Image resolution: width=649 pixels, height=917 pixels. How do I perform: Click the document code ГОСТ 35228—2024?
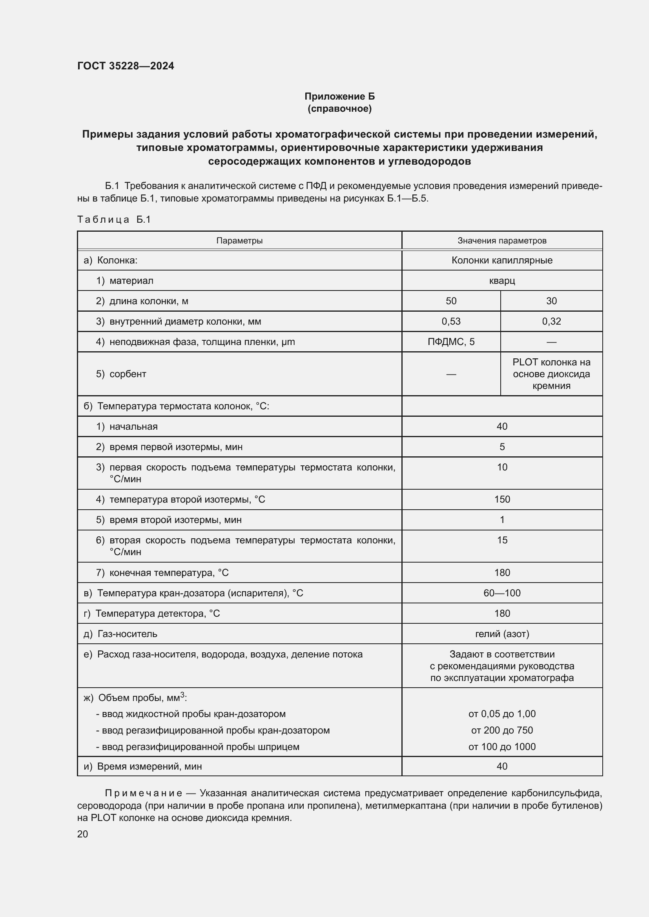pyautogui.click(x=126, y=66)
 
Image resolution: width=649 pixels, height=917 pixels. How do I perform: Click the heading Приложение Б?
pyautogui.click(x=339, y=96)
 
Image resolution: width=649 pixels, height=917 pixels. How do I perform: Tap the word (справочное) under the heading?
pyautogui.click(x=339, y=109)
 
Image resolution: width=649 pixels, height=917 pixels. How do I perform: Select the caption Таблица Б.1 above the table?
pyautogui.click(x=114, y=219)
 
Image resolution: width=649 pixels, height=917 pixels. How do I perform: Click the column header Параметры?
pyautogui.click(x=239, y=240)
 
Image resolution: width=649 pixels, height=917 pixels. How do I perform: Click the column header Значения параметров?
pyautogui.click(x=501, y=240)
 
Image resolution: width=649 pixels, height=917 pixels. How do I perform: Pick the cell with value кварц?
pyautogui.click(x=501, y=280)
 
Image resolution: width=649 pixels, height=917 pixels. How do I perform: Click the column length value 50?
pyautogui.click(x=451, y=301)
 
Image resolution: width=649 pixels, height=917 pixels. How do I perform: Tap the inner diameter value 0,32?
pyautogui.click(x=551, y=321)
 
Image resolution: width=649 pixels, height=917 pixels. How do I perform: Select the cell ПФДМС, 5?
pyautogui.click(x=451, y=341)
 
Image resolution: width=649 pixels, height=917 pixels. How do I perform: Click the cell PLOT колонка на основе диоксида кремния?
pyautogui.click(x=551, y=374)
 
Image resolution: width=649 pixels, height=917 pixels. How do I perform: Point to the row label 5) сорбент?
pyautogui.click(x=121, y=374)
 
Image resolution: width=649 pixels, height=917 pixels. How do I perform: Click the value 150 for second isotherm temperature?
pyautogui.click(x=501, y=499)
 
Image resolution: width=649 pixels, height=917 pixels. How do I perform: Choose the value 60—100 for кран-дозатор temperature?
pyautogui.click(x=501, y=593)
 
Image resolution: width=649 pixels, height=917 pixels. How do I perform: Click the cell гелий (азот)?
pyautogui.click(x=501, y=634)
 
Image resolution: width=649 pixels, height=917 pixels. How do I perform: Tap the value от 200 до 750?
pyautogui.click(x=501, y=730)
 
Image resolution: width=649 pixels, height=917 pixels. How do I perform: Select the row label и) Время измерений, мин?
pyautogui.click(x=143, y=766)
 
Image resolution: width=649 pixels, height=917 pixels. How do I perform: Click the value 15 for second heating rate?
pyautogui.click(x=501, y=540)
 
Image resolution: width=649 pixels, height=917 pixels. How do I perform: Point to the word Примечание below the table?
pyautogui.click(x=144, y=793)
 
